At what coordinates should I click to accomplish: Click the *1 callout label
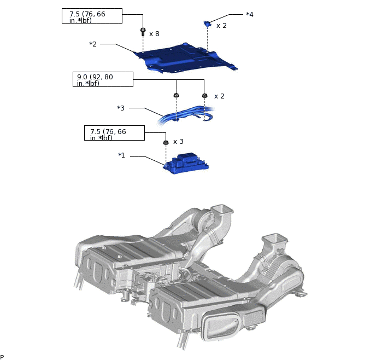point(121,155)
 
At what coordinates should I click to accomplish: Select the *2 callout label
point(93,44)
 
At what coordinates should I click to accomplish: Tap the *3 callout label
point(121,108)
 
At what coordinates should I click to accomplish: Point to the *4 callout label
point(249,15)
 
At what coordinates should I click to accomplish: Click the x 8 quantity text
point(154,34)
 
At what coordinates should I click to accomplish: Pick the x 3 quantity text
point(178,142)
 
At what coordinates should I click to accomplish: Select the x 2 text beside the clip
point(221,26)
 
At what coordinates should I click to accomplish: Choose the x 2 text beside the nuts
point(219,96)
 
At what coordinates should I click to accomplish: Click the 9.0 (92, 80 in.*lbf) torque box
point(103,79)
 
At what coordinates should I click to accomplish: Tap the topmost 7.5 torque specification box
point(92,16)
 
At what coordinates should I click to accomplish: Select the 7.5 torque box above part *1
point(114,133)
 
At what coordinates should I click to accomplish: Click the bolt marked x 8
point(143,32)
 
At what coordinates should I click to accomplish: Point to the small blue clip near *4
point(207,24)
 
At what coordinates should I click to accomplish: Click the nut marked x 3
point(166,143)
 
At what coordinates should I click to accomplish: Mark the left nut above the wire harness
point(176,96)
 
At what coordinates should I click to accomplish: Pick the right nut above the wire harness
point(204,96)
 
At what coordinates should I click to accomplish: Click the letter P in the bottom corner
point(2,357)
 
